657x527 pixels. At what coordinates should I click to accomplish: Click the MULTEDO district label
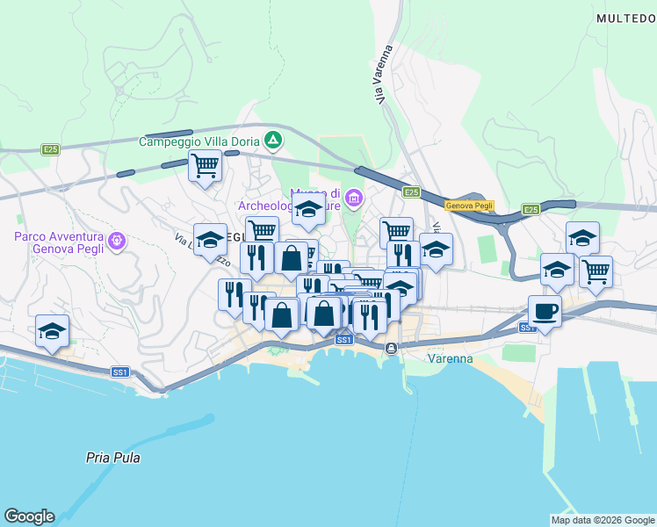(x=625, y=18)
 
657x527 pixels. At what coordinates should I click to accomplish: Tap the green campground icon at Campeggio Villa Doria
(x=274, y=140)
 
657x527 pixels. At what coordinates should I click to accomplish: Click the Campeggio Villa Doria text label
(x=201, y=141)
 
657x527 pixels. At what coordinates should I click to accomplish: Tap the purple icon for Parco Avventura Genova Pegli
(x=115, y=239)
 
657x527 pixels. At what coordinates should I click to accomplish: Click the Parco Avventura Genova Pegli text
(x=59, y=242)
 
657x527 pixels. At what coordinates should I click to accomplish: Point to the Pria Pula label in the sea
(x=113, y=458)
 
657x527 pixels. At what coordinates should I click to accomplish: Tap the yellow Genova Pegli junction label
(x=469, y=206)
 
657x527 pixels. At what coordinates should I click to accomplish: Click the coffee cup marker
(x=545, y=310)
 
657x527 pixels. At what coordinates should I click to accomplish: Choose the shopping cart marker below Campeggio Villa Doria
(x=205, y=164)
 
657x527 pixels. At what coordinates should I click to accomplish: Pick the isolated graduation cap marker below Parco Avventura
(x=53, y=330)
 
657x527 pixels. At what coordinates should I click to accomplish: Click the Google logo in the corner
(x=29, y=516)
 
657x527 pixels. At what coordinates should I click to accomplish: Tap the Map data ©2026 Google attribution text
(x=602, y=519)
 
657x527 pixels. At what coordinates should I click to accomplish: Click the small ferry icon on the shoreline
(x=390, y=349)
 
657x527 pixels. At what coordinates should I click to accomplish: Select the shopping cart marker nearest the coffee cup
(x=596, y=271)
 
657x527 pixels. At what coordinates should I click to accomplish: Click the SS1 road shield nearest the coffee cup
(x=527, y=328)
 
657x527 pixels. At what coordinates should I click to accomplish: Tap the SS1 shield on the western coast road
(x=121, y=372)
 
